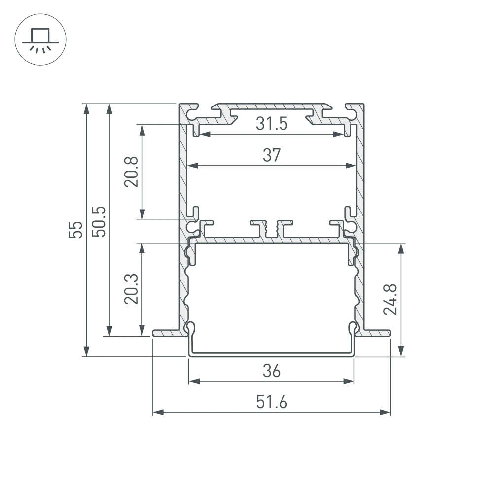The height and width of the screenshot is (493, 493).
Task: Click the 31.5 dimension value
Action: (271, 124)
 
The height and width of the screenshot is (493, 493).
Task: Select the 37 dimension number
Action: (271, 155)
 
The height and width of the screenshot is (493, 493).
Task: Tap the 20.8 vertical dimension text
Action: (131, 172)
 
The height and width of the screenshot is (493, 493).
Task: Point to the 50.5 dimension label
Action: (98, 221)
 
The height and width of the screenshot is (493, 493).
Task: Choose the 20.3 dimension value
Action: (131, 289)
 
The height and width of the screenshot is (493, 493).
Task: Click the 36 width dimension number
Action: (271, 370)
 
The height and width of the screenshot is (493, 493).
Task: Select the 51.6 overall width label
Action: (271, 402)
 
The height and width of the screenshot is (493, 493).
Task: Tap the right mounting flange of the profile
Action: (377, 333)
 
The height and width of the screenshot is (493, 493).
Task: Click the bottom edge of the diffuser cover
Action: (271, 354)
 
